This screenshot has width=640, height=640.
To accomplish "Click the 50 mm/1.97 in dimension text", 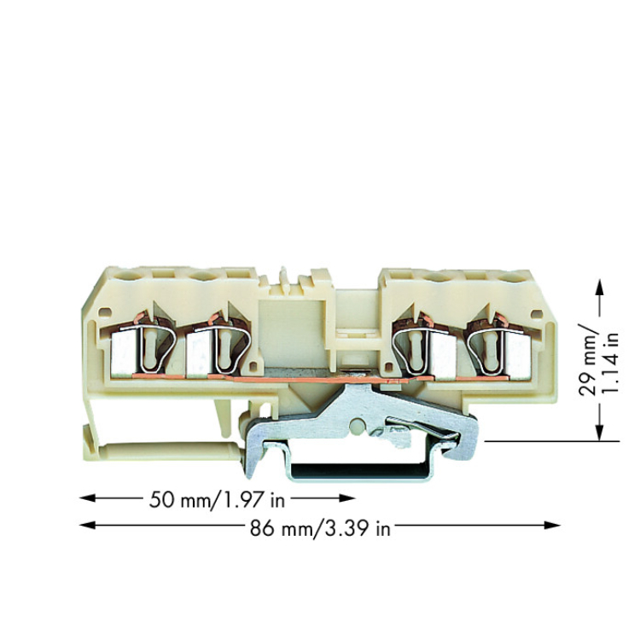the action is (217, 499).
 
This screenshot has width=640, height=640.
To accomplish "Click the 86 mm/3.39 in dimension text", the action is (320, 528).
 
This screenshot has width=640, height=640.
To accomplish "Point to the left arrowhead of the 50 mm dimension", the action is (87, 498).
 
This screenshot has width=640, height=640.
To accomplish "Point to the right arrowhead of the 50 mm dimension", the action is (347, 498).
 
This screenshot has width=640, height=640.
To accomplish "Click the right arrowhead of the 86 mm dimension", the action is (553, 526).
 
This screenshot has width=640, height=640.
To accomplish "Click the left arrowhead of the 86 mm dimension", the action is (87, 526).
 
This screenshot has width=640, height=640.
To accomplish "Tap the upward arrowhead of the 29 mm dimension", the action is (599, 288).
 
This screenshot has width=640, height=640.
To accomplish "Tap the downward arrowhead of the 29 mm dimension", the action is (599, 433).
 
